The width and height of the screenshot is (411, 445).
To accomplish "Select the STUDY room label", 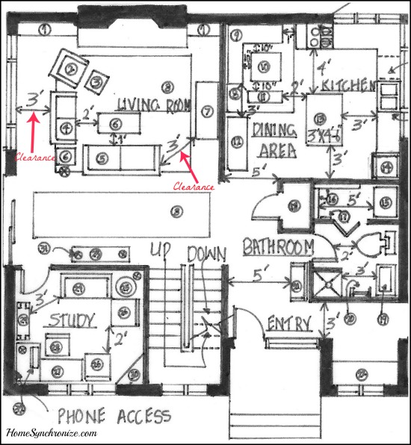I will pyautogui.click(x=72, y=322).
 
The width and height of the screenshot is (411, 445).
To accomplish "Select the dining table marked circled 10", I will pyautogui.click(x=263, y=68).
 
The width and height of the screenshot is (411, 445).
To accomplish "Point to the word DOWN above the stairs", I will pyautogui.click(x=206, y=255).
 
